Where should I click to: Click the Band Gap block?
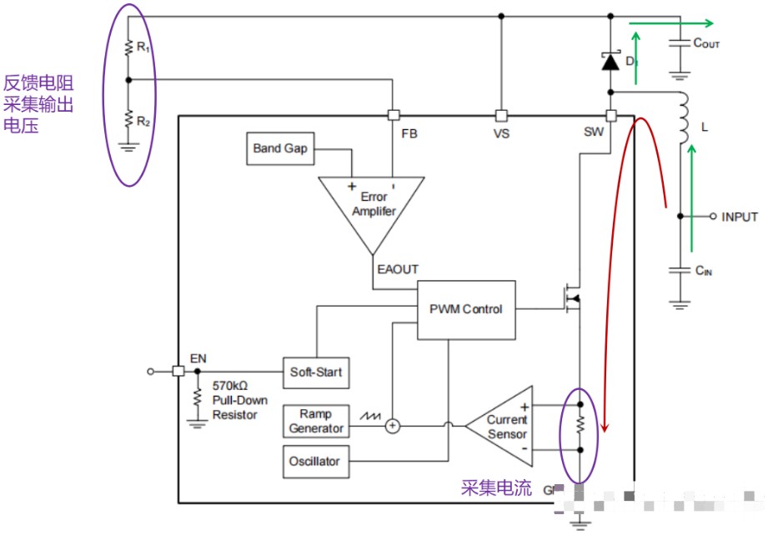pos(280,149)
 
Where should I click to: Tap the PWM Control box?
pos(465,309)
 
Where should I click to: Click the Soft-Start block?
pos(315,372)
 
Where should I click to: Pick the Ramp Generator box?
pos(315,421)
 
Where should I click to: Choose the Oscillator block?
pos(315,461)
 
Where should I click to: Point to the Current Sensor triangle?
pos(504,427)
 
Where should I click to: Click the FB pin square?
pos(394,116)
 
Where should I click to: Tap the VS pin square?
pos(501,116)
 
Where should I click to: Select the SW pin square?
pos(610,116)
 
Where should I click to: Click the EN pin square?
pos(178,372)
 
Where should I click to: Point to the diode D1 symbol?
pos(610,62)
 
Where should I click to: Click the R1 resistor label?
pos(143,48)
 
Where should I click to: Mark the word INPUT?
pos(739,217)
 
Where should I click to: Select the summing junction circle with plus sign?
pos(393,426)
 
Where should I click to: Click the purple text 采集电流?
pos(496,488)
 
